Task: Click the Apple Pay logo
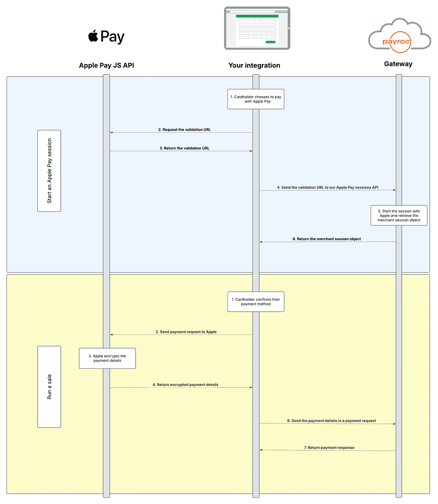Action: tap(106, 37)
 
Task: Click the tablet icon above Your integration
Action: tap(257, 28)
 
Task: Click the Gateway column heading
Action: tap(398, 64)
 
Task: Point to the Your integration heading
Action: tap(254, 65)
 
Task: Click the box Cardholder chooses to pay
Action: tap(256, 99)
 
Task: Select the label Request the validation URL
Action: tap(184, 130)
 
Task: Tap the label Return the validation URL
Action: tap(184, 148)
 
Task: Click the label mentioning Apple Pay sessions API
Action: tap(327, 187)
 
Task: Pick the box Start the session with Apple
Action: tap(399, 216)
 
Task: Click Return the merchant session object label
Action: tap(326, 239)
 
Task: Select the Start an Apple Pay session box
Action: tap(49, 171)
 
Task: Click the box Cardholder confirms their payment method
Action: tap(256, 302)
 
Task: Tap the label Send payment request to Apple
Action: tap(186, 332)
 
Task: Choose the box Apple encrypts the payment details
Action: tap(107, 358)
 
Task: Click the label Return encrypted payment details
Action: tap(185, 385)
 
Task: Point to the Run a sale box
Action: tap(49, 387)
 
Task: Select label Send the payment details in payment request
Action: tap(331, 421)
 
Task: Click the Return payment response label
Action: tap(329, 448)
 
